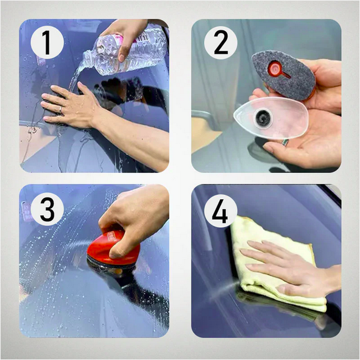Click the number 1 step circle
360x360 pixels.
[x=47, y=43]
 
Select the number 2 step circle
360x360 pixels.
[x=221, y=43]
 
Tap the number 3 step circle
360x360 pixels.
[x=47, y=209]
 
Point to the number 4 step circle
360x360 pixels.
[x=221, y=211]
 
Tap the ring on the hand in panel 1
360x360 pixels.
[x=61, y=110]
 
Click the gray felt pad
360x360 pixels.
[x=283, y=75]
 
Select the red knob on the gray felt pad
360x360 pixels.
[x=275, y=68]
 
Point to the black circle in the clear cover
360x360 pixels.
[x=263, y=118]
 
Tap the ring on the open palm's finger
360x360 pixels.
[x=285, y=143]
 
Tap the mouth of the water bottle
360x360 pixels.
[x=85, y=59]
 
